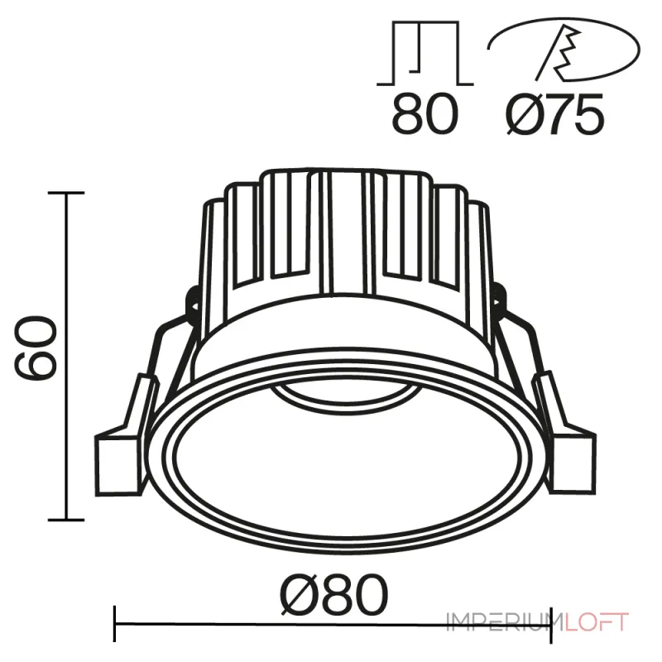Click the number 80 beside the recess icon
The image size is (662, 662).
click(425, 117)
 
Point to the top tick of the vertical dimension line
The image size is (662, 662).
click(66, 193)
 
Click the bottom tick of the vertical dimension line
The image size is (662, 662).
click(66, 520)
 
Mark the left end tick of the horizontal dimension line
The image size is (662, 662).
click(114, 622)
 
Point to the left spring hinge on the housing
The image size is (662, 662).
click(189, 301)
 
